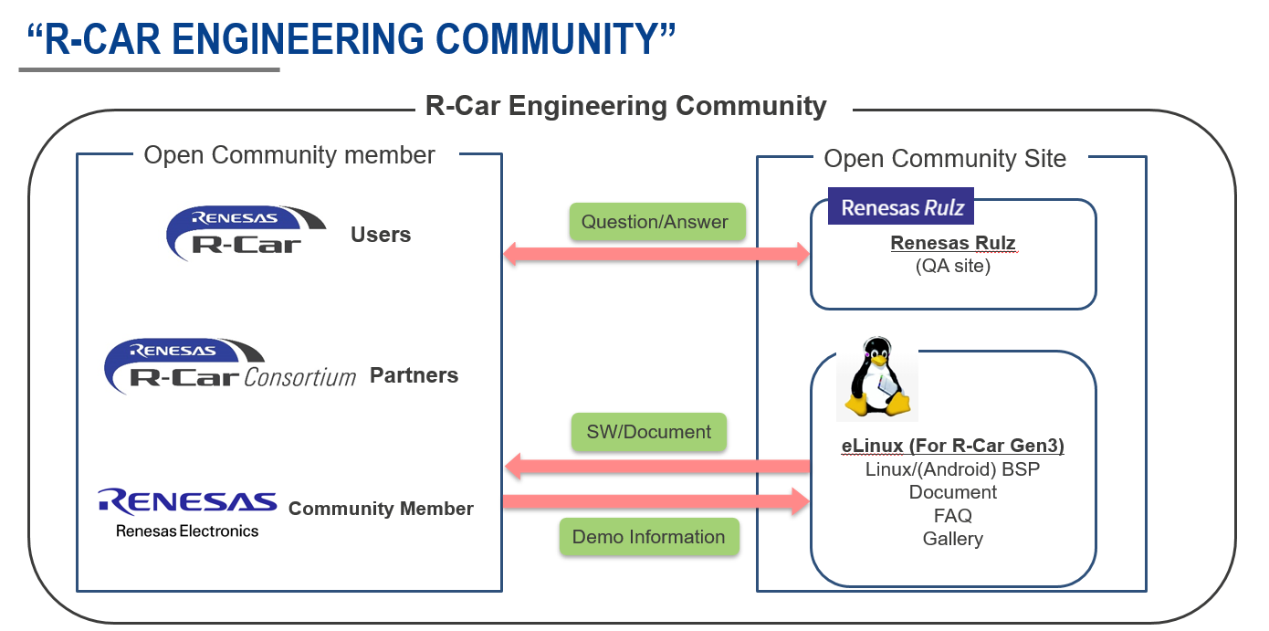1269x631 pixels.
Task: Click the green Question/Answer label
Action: tap(655, 222)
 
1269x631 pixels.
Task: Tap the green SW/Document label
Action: tap(648, 432)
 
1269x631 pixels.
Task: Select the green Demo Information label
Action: tap(648, 537)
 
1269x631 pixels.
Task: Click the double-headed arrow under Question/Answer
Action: tap(655, 255)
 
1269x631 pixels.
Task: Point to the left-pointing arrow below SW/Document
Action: tap(655, 467)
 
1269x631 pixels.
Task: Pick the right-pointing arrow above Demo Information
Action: tap(655, 500)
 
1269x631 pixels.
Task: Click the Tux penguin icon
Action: tap(877, 379)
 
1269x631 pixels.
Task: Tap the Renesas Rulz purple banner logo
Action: tap(901, 207)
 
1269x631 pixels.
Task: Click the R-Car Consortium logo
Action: tap(231, 367)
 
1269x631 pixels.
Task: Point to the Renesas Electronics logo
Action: tap(187, 512)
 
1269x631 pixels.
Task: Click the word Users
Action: tap(381, 235)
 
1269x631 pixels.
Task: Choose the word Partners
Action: tap(414, 375)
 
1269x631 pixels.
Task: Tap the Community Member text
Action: tap(381, 509)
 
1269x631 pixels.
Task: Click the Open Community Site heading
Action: tap(945, 159)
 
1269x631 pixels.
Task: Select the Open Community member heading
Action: tap(289, 155)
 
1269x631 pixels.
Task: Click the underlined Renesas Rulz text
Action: tap(953, 244)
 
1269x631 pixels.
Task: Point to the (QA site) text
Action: tap(953, 266)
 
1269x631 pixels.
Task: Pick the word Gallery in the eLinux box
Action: tap(952, 539)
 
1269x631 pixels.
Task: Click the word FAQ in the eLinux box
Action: tap(952, 516)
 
